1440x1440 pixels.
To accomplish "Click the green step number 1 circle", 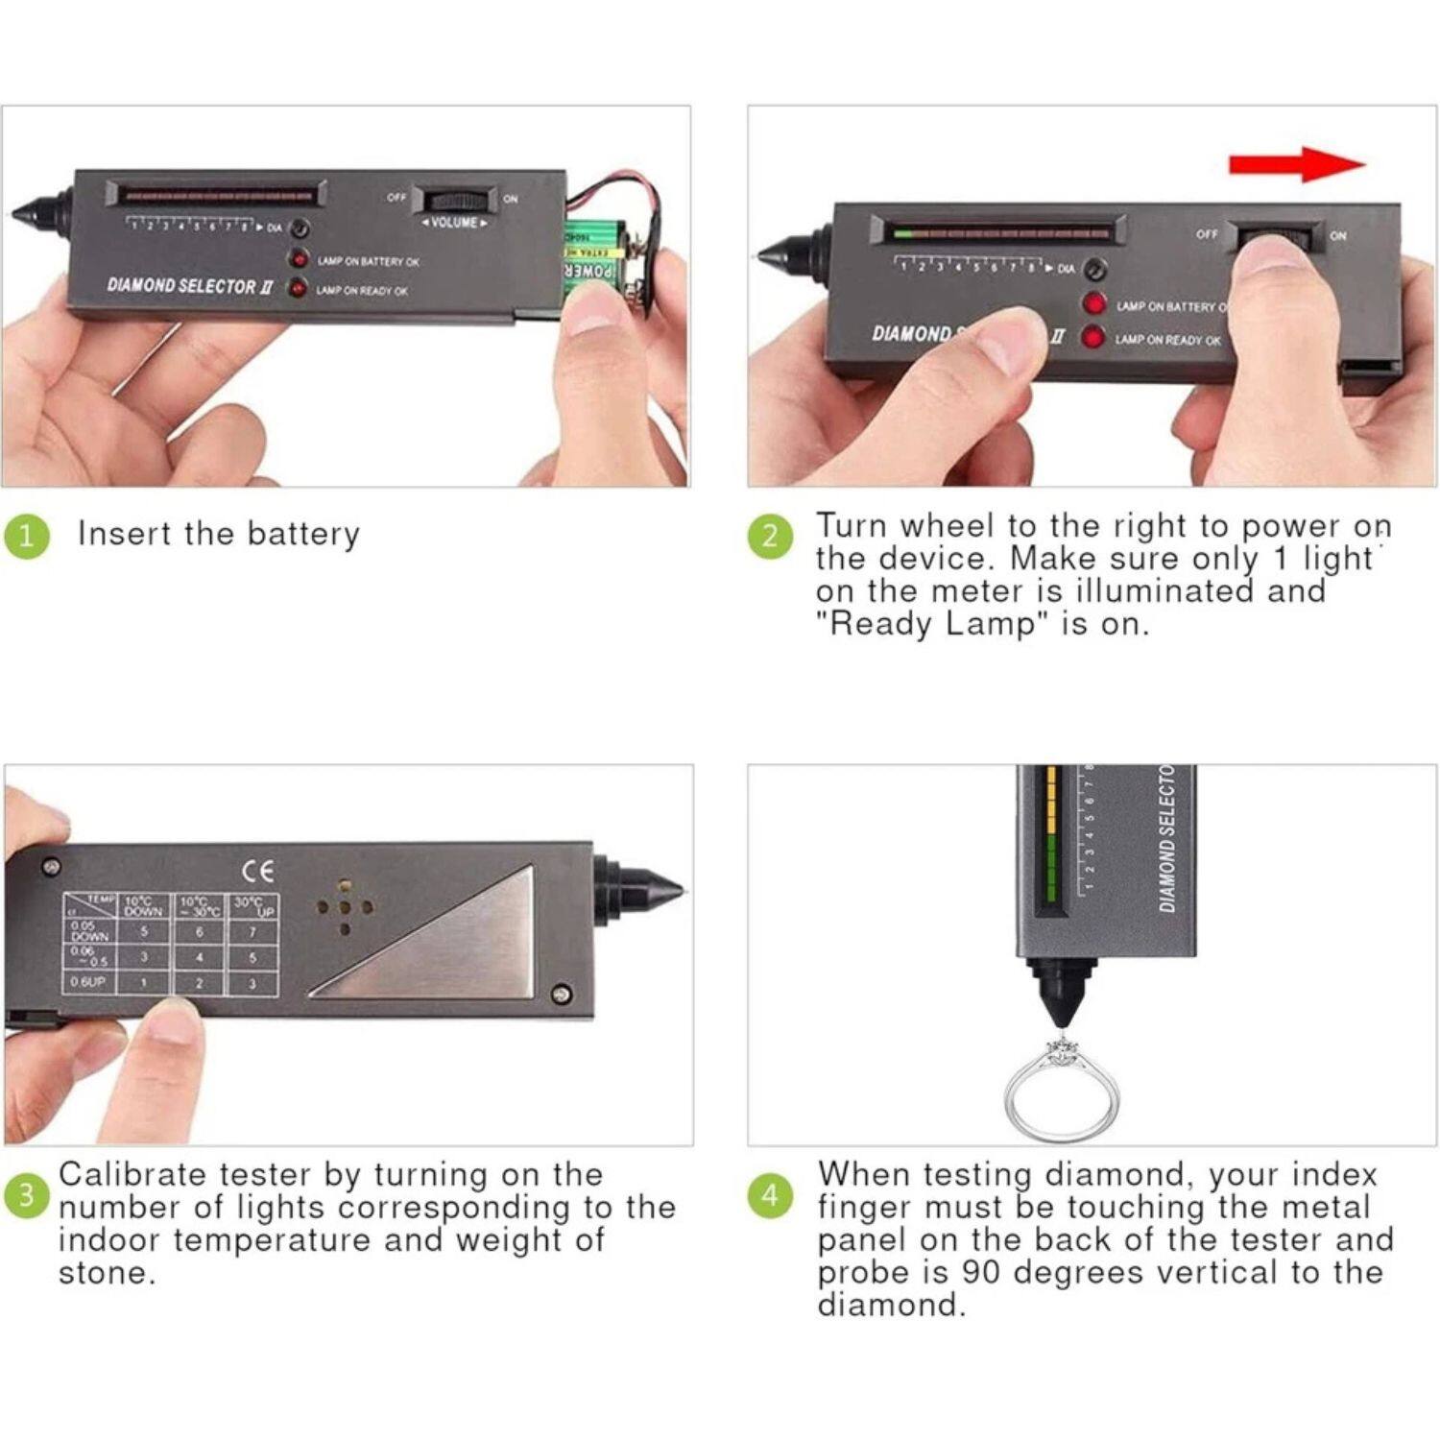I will click(26, 536).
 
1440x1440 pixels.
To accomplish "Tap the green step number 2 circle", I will click(770, 536).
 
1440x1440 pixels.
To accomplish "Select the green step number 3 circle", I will click(26, 1196).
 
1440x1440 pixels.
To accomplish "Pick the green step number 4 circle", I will click(770, 1196).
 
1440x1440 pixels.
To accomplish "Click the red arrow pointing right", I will click(1296, 164).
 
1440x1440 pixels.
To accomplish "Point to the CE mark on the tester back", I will click(257, 871).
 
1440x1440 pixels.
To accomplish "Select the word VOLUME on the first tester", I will click(455, 223).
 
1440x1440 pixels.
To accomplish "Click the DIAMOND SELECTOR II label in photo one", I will click(190, 286).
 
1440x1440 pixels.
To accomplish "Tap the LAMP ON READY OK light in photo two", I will click(1093, 338).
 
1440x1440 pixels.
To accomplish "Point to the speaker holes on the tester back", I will click(345, 906).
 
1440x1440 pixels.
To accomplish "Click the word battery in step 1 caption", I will click(302, 534).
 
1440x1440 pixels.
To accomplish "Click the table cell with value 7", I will click(252, 931).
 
